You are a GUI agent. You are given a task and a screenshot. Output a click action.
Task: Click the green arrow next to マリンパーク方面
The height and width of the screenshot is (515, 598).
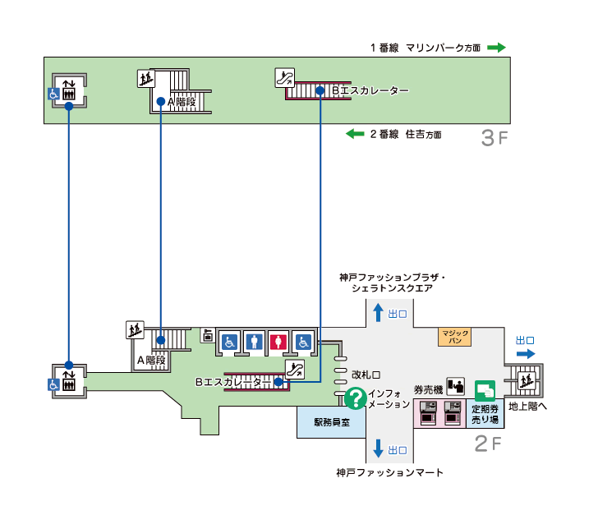click(496, 48)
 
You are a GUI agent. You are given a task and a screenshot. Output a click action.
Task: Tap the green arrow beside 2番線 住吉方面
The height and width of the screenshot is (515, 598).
click(355, 134)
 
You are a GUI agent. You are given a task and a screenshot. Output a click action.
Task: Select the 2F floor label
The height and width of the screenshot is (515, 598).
click(488, 444)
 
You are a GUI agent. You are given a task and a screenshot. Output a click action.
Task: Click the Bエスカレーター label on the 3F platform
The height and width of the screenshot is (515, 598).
click(370, 90)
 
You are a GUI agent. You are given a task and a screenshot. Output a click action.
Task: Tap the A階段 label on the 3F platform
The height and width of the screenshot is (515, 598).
click(182, 102)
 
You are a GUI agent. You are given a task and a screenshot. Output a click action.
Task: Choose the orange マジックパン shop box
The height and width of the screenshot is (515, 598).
click(454, 336)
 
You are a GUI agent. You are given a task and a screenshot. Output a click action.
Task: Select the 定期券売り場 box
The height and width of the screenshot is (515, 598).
click(485, 413)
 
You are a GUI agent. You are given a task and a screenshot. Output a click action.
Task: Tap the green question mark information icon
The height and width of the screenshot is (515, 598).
click(355, 399)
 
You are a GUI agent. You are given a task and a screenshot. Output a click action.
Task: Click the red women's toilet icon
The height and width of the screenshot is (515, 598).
click(279, 341)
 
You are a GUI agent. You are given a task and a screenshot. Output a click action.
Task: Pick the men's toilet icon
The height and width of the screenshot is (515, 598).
click(255, 341)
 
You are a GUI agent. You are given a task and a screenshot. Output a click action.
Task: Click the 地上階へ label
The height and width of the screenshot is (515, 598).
click(527, 406)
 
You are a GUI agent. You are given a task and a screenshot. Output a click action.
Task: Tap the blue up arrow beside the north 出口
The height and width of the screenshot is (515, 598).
click(378, 313)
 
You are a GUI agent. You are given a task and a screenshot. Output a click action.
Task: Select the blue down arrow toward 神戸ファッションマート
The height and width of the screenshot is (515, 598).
click(378, 448)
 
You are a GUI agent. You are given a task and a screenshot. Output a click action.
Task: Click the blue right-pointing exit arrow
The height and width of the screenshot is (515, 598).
click(525, 354)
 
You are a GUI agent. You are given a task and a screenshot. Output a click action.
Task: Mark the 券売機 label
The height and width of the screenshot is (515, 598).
click(428, 389)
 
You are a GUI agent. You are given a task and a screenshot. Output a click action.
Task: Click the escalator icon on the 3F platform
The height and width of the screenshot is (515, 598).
click(284, 78)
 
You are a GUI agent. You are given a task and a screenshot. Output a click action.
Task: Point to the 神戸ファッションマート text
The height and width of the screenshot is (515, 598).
click(389, 472)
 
